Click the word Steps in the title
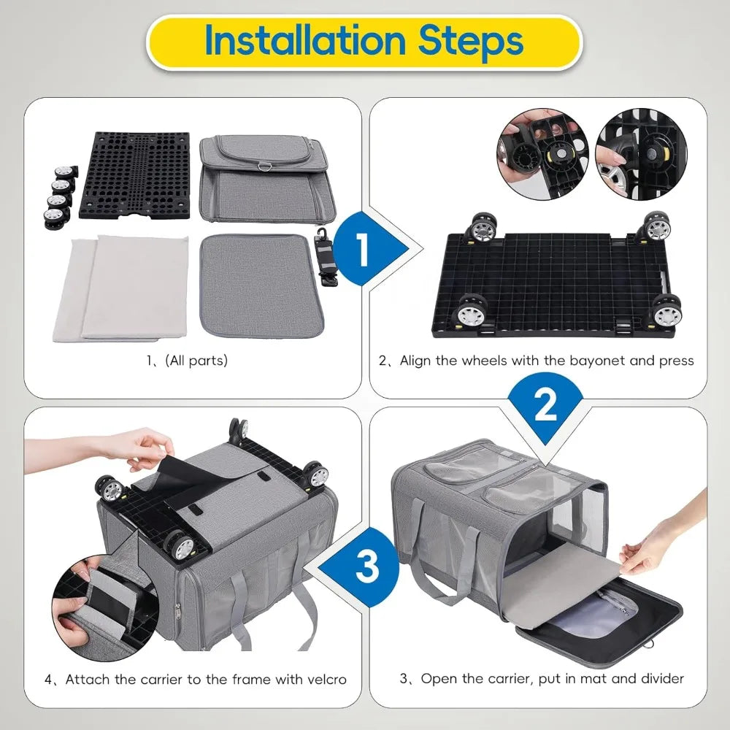click(x=472, y=41)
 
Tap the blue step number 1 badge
click(x=363, y=250)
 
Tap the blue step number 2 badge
click(x=545, y=406)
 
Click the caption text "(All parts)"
click(x=188, y=361)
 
